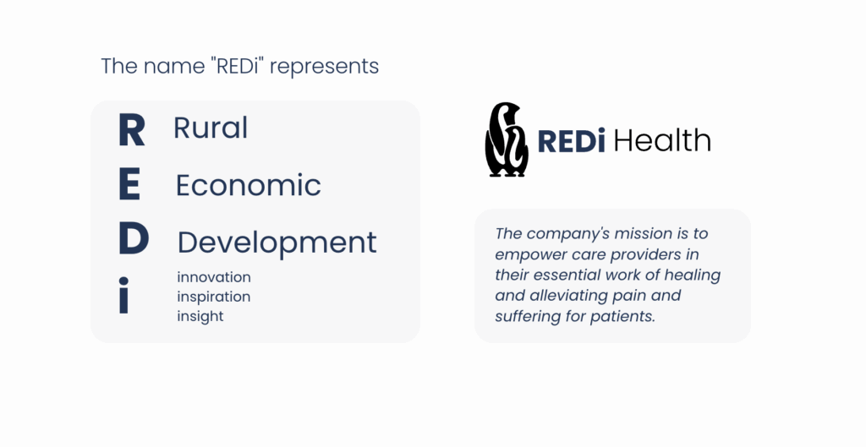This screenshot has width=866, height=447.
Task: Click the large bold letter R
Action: tap(131, 129)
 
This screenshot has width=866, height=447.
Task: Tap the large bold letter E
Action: tap(129, 185)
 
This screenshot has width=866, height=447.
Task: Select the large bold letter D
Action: tap(134, 238)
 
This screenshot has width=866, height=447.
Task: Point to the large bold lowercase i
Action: tap(123, 295)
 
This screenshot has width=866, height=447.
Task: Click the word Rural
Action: tap(211, 128)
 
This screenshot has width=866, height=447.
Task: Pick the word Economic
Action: tap(249, 185)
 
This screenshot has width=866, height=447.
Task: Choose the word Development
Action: tap(277, 243)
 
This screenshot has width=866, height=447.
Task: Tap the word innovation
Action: tap(214, 277)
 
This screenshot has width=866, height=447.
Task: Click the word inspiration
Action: tap(214, 297)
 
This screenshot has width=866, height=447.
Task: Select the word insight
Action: tap(200, 316)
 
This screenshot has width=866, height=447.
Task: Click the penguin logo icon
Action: tap(507, 139)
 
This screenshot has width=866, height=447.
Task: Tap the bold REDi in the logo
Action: tap(571, 141)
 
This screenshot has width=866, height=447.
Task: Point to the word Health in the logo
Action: tap(662, 140)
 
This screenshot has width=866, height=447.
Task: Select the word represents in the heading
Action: tap(324, 67)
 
